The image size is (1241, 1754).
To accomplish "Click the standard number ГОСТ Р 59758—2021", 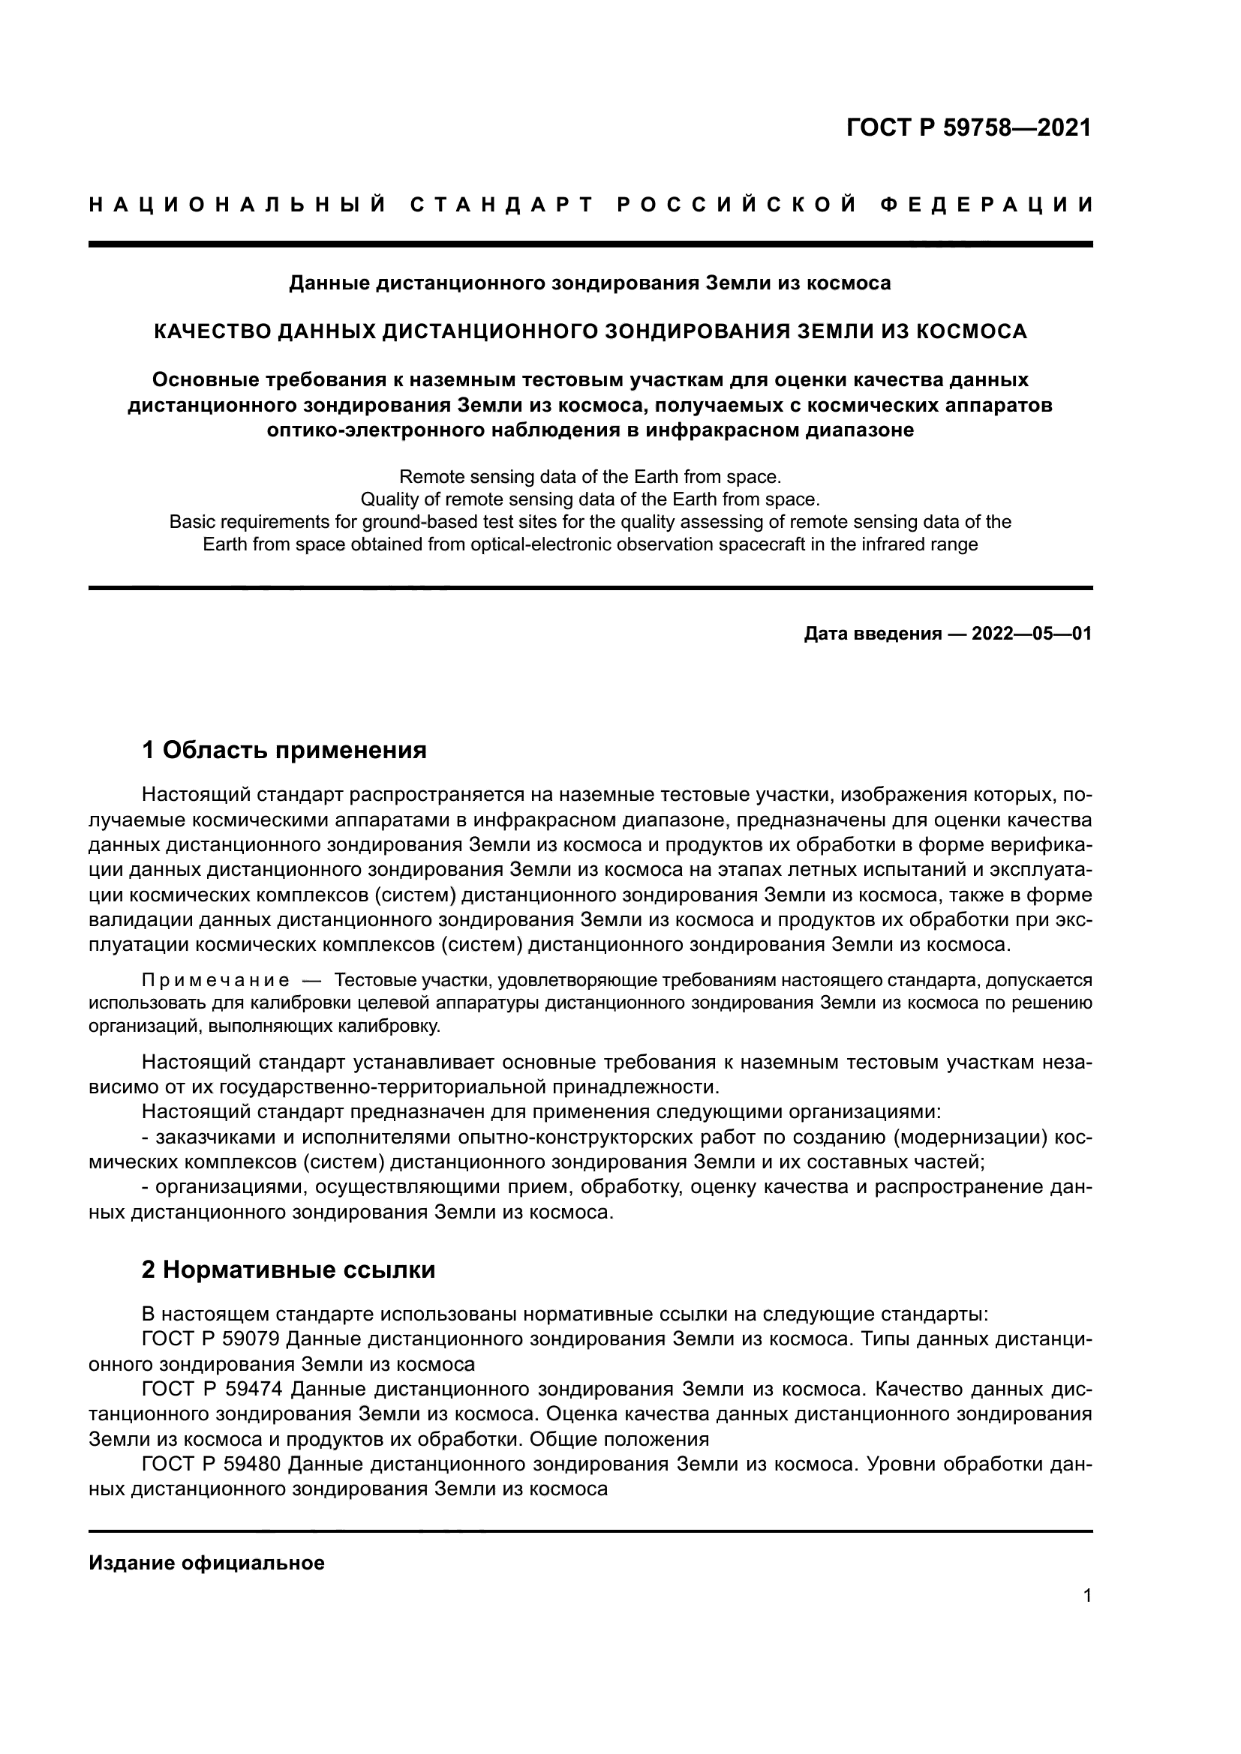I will click(x=968, y=127).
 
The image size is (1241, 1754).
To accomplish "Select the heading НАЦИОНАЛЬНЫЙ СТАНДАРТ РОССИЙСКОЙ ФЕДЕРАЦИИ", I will click(x=590, y=205).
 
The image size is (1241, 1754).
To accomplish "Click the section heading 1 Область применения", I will click(x=284, y=750).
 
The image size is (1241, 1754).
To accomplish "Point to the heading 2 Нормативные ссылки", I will click(x=289, y=1270).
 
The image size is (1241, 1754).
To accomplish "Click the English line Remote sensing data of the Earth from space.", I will click(x=590, y=478).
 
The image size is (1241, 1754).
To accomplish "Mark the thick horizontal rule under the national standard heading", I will click(x=590, y=244).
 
